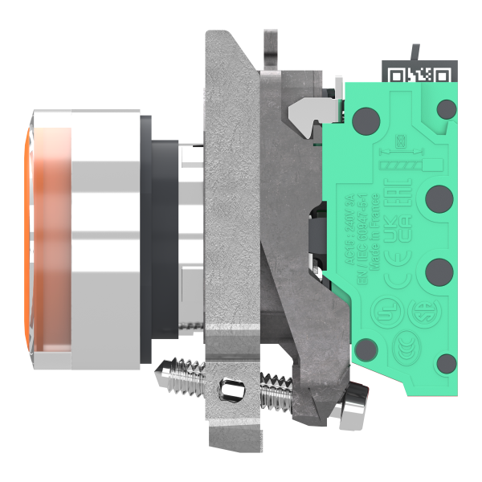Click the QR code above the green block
tap(419, 75)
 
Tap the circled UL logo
tap(385, 312)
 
